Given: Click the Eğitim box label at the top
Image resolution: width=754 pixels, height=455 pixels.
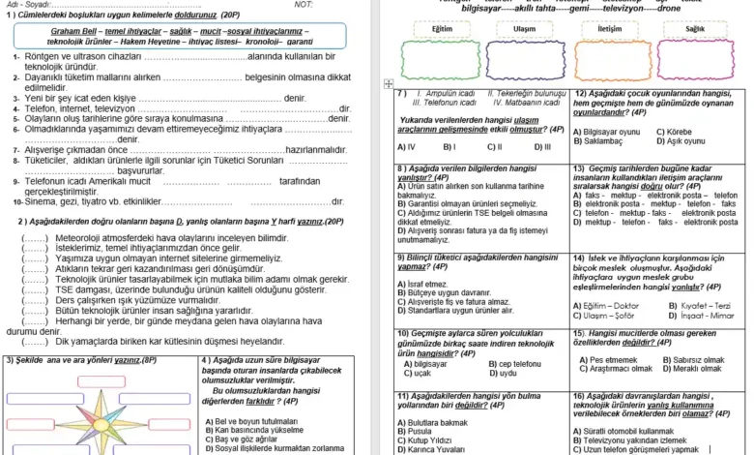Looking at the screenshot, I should coord(443,29).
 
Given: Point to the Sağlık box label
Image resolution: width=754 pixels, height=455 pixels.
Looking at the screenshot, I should coord(695,29).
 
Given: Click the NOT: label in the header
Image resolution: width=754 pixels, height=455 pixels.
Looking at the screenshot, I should coord(304,6).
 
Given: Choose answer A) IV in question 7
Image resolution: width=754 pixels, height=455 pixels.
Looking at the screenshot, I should coord(407,147).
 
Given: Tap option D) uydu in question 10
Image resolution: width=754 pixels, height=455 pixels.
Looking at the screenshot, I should coord(503,373).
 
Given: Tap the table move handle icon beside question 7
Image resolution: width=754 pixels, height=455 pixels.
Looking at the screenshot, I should coord(388,84).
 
